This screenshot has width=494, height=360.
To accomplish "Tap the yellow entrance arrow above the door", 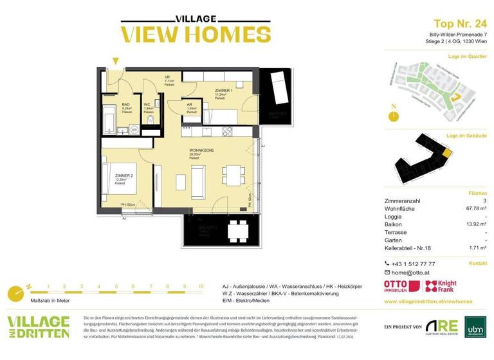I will click(x=115, y=61).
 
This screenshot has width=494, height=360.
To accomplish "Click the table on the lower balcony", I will click(x=237, y=230).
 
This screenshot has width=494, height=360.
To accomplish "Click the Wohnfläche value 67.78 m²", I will click(x=475, y=208).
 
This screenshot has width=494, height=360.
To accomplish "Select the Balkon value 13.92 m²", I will click(x=475, y=224).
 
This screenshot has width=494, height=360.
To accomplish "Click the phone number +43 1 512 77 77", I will click(x=414, y=264).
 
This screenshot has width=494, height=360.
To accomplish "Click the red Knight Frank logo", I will click(x=445, y=286).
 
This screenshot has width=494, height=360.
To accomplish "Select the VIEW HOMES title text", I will click(x=187, y=33).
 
